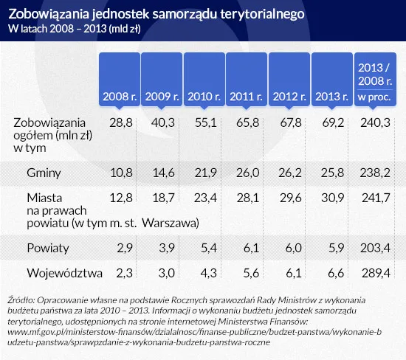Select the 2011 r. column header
(x=247, y=97)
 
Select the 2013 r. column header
(x=331, y=97)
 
